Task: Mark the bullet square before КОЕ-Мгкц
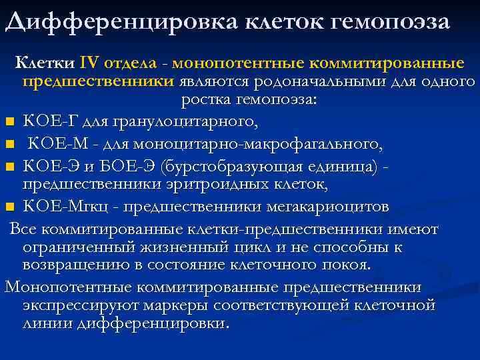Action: point(9,207)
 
